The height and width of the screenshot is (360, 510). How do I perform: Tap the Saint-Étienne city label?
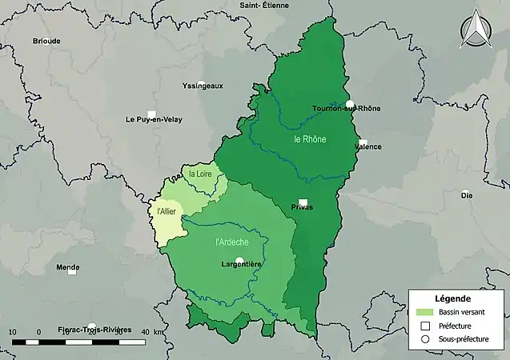[265, 6]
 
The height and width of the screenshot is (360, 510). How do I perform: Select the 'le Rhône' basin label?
[309, 139]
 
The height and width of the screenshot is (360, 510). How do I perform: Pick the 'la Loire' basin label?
[201, 174]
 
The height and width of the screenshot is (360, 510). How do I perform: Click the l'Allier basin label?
[167, 211]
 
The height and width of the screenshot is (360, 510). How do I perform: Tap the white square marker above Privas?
[303, 202]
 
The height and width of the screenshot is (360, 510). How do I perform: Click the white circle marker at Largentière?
[239, 259]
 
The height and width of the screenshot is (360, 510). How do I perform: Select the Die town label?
[465, 194]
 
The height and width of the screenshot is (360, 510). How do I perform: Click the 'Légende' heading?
[455, 298]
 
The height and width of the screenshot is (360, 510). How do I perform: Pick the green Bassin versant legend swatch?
[425, 312]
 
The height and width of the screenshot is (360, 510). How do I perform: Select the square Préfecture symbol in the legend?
[425, 326]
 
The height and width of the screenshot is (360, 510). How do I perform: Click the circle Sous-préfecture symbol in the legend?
[425, 340]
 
